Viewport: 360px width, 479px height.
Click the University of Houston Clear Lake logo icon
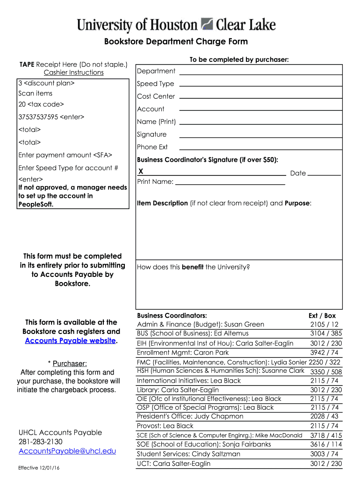click(207, 25)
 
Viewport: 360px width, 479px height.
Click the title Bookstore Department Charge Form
click(176, 42)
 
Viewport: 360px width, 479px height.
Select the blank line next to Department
click(261, 73)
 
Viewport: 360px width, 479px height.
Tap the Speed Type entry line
click(261, 86)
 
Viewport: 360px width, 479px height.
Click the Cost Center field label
click(156, 96)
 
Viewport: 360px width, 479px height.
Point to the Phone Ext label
click(152, 147)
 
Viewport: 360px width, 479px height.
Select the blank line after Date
click(324, 174)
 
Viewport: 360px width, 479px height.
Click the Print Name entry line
click(230, 184)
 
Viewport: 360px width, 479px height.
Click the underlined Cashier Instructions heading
click(73, 73)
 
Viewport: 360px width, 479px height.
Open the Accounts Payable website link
click(70, 341)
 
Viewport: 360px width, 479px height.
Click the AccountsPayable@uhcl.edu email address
click(67, 451)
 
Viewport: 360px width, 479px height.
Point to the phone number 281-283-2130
click(40, 442)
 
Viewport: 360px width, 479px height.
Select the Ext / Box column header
click(322, 316)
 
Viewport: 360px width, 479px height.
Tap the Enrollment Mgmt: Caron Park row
click(183, 352)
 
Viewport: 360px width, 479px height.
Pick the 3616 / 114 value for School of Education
click(326, 444)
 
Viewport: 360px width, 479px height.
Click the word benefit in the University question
click(192, 267)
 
